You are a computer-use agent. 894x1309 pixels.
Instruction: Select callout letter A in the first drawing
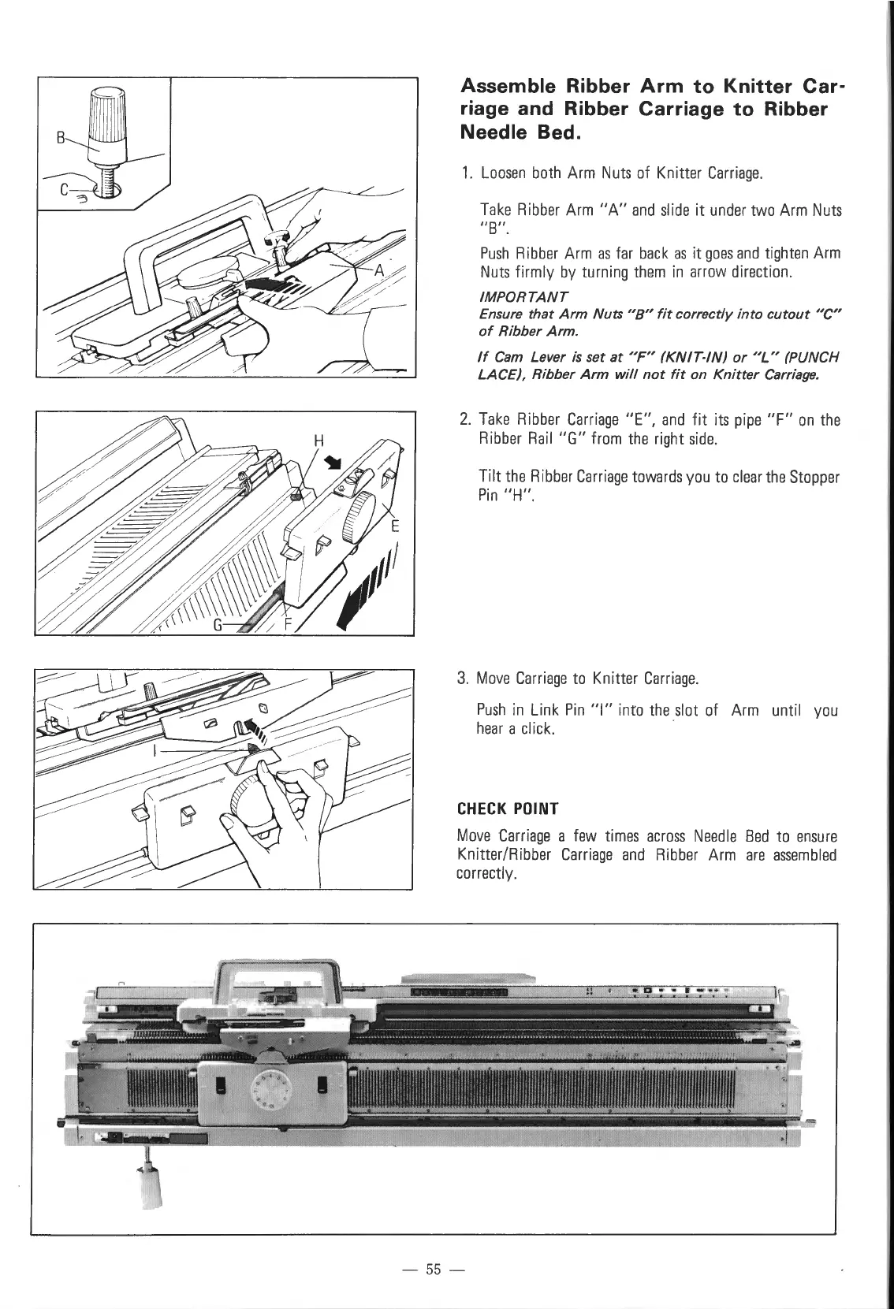378,271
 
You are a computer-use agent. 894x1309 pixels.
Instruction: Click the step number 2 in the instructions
464,420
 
